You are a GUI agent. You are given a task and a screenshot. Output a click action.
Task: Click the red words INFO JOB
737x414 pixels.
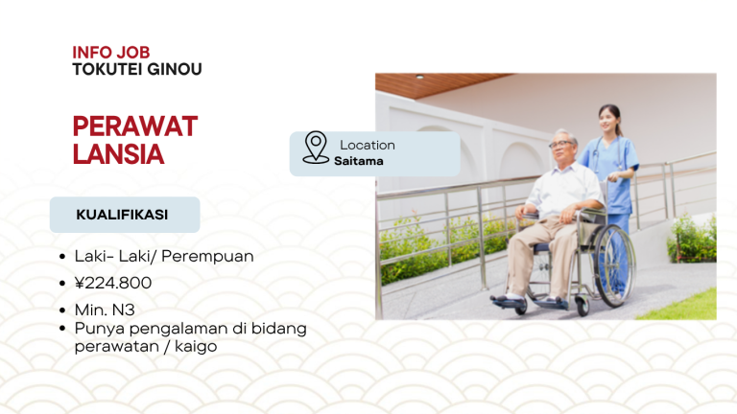(x=110, y=52)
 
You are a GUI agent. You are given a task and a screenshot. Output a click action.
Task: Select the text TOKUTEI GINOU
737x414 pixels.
(x=136, y=69)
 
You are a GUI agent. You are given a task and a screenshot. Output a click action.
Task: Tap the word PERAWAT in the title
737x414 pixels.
(x=134, y=126)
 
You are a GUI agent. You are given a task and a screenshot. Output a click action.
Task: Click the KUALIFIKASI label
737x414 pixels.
(x=122, y=215)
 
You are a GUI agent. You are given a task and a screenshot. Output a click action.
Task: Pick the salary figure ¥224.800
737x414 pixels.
(x=113, y=283)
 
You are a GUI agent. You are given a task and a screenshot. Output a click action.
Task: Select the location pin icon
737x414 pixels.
(x=316, y=148)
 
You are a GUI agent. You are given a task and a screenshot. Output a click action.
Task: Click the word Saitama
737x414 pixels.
(x=359, y=161)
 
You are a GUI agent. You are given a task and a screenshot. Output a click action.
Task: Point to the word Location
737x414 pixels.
(x=368, y=145)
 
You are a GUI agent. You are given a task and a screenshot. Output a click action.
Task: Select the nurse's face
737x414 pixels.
(x=608, y=121)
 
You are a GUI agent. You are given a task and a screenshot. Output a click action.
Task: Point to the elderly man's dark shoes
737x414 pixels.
(x=509, y=301)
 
